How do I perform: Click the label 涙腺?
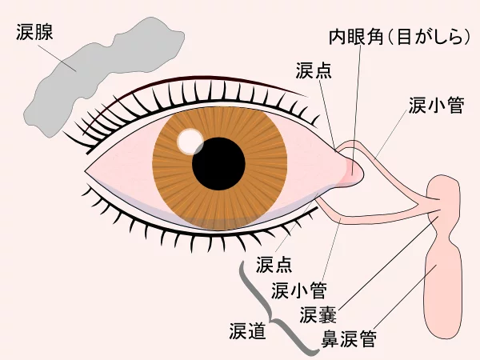point(34,32)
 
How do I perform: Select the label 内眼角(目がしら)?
point(399,37)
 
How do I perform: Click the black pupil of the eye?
point(218,164)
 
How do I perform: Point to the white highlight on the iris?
point(190,141)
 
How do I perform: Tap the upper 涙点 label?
point(314,70)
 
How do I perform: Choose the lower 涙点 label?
point(274,264)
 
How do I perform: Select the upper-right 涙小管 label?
point(436,106)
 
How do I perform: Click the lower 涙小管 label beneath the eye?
point(298,290)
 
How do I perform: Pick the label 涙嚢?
point(318,314)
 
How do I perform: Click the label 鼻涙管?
point(349,338)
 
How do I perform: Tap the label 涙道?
point(247,331)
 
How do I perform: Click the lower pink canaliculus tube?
point(377,218)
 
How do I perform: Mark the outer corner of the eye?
point(85,171)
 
